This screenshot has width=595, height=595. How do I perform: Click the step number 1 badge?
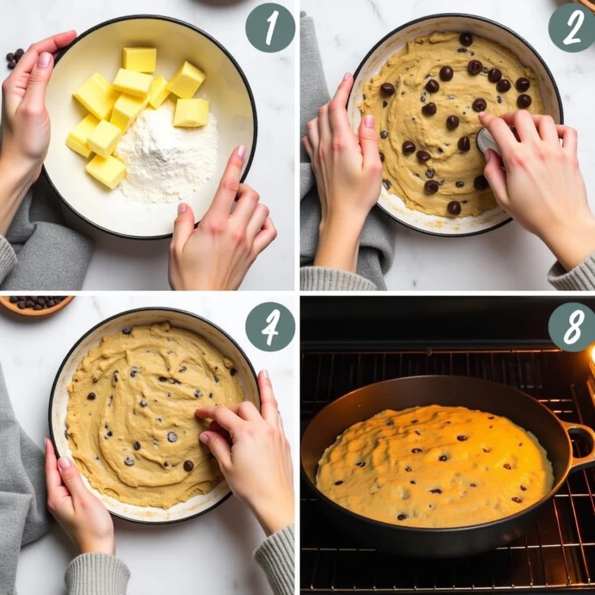coord(270,27)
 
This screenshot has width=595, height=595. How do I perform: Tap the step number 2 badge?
coord(572,27)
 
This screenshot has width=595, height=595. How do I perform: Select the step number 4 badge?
coord(270,327)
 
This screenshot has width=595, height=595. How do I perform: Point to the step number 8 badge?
coord(572,327)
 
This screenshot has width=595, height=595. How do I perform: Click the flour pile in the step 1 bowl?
coord(167,156)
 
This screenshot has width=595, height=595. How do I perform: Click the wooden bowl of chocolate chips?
coord(36,304)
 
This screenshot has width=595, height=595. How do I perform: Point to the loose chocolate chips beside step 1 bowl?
coord(15,58)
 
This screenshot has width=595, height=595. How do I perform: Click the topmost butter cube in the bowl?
coord(139,60)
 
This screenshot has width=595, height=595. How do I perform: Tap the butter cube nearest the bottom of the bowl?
coord(106,171)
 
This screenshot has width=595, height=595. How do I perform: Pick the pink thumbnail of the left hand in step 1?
coord(45,60)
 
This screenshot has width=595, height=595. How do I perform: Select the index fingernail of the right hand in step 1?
coord(241,152)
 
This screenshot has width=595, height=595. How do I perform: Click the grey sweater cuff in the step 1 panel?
coord(7,259)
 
